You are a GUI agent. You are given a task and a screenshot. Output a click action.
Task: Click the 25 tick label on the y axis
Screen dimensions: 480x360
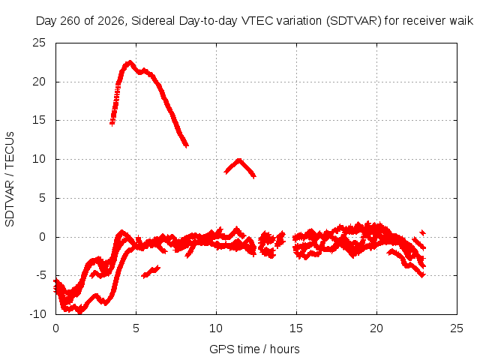coord(39,43)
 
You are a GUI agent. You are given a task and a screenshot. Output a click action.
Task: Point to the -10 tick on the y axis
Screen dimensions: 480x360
coord(38,314)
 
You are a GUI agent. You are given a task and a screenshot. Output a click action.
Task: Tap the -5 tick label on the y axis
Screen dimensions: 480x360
coord(40,275)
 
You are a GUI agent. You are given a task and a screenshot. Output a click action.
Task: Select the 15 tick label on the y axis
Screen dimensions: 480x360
coord(39,120)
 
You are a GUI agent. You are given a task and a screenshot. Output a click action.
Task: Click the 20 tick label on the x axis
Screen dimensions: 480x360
coord(376,328)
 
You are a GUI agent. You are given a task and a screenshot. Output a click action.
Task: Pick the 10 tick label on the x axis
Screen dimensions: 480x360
coord(216,328)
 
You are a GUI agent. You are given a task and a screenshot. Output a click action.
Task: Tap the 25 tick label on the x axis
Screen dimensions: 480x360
coord(457,328)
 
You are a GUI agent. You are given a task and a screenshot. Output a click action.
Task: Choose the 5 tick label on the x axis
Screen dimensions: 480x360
coord(136,328)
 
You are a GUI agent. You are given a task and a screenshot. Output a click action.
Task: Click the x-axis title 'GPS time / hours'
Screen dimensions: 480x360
coord(254,349)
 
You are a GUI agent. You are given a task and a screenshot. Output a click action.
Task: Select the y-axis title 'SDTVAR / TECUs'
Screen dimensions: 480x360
coord(10,179)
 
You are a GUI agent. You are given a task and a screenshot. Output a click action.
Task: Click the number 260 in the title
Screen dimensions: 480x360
coord(70,21)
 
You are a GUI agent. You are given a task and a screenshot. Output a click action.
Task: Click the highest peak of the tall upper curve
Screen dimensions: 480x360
coord(130,62)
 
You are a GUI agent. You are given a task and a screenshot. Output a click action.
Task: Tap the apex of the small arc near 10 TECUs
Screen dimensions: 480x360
coord(239,160)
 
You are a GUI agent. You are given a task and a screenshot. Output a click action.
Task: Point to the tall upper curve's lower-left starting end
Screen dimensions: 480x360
coord(112,123)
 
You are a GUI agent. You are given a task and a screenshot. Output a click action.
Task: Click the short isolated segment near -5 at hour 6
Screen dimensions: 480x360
coord(151,271)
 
